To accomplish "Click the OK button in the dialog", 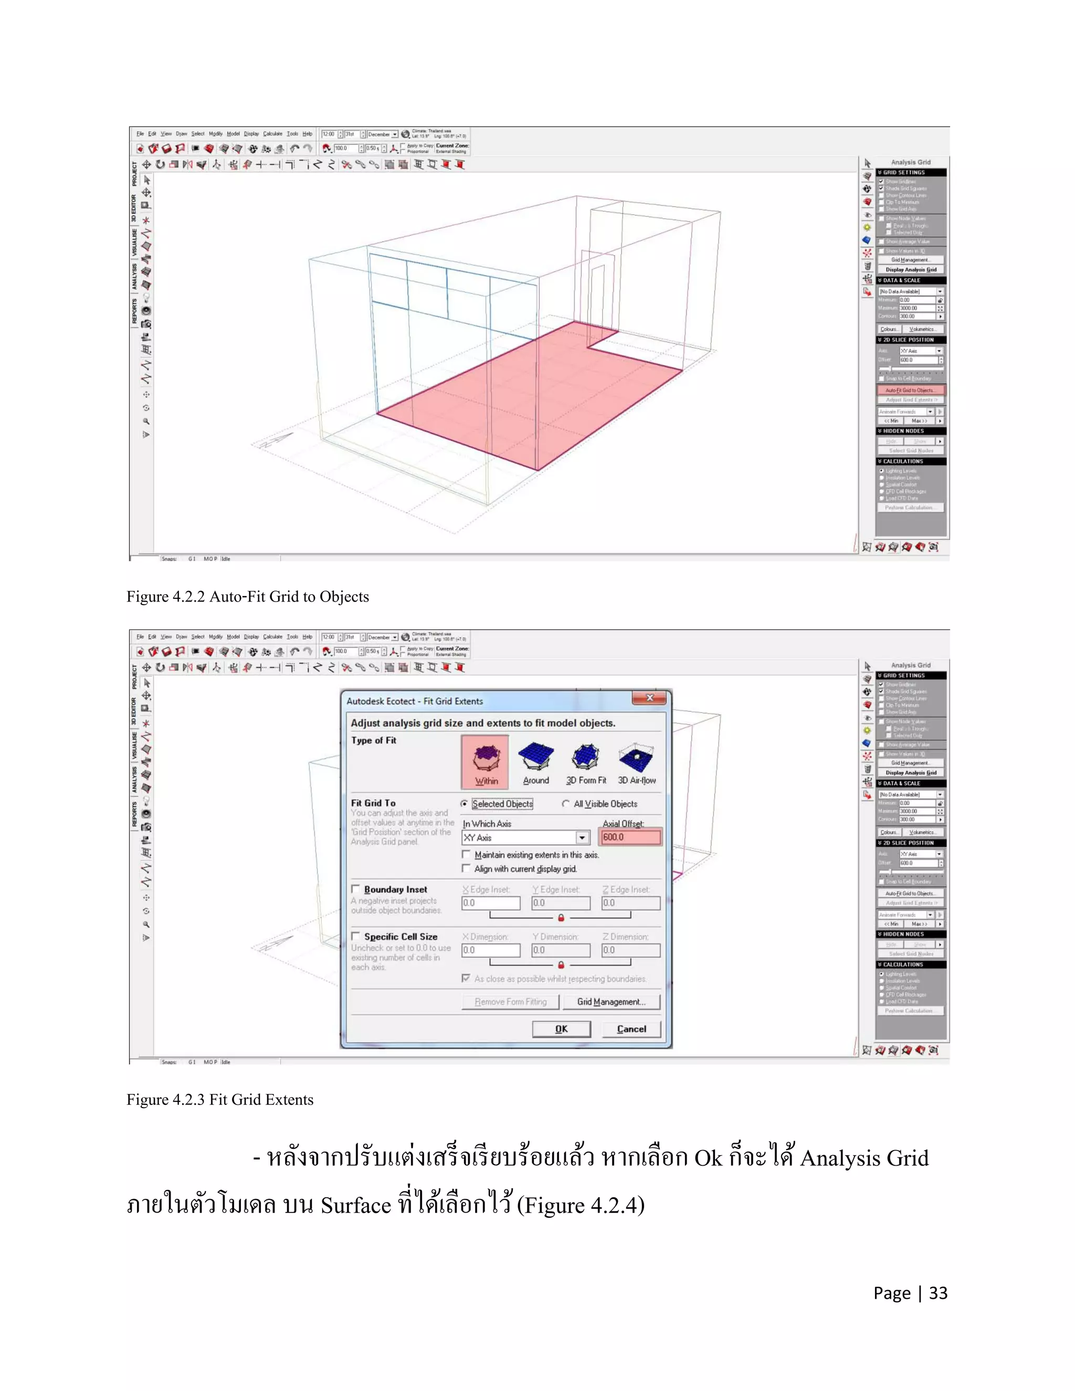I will [x=561, y=1029].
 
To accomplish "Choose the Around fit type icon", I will [x=535, y=761].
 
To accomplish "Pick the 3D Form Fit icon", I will [x=586, y=761].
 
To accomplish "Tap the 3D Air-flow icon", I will [x=636, y=761].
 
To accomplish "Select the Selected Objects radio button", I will [x=464, y=804].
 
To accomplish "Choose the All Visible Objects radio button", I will [x=565, y=804].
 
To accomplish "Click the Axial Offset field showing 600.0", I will [x=630, y=837].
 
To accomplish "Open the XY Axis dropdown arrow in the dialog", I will [x=582, y=838].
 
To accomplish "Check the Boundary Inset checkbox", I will [x=356, y=889].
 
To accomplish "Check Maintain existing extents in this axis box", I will [x=466, y=855].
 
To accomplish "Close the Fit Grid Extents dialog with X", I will [x=650, y=698].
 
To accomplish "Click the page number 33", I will [x=938, y=1293].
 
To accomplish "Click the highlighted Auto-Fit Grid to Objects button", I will [x=910, y=391].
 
